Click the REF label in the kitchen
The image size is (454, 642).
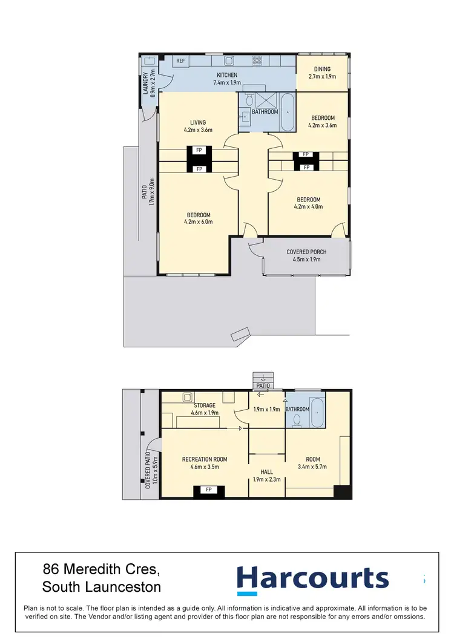180,61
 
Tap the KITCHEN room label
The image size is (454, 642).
227,75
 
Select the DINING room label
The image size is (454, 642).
322,70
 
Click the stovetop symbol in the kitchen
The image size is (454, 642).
257,61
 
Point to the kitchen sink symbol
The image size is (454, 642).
229,61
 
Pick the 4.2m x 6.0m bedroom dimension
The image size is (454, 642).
198,222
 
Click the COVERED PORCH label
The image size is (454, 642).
306,252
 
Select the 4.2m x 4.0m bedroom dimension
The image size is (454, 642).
308,206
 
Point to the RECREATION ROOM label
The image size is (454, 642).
205,459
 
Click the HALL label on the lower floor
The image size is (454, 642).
266,472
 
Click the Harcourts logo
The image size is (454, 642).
312,578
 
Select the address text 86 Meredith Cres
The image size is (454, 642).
102,569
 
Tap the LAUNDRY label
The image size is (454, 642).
146,83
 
